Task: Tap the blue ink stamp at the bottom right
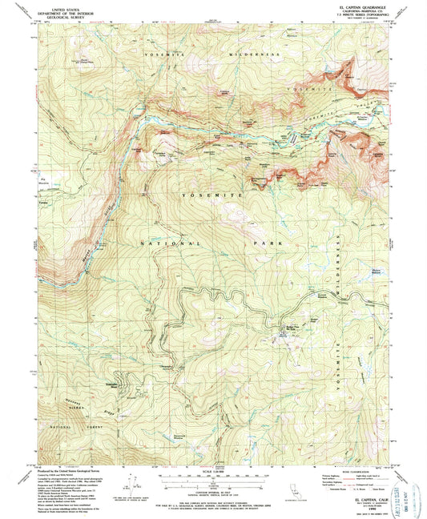405,484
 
